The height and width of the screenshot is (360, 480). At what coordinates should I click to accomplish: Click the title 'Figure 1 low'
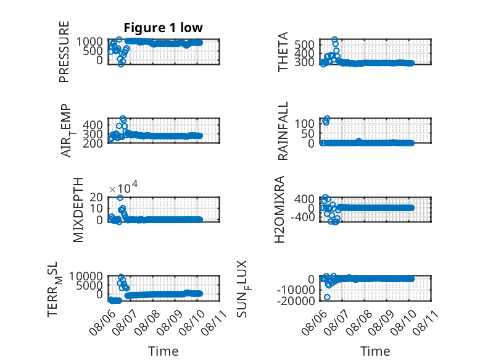163,28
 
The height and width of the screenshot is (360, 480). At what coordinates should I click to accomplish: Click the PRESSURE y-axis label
64,52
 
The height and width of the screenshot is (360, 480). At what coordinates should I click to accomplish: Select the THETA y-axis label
283,52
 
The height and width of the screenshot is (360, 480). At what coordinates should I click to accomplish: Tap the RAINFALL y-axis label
283,131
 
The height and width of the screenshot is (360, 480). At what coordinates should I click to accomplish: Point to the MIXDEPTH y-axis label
78,210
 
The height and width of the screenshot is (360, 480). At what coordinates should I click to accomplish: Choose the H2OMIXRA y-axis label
279,209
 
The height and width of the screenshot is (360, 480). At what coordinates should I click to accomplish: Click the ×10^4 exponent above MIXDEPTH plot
123,188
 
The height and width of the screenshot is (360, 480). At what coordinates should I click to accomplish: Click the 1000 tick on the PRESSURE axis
89,41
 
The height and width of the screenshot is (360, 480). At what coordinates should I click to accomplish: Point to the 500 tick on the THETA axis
305,44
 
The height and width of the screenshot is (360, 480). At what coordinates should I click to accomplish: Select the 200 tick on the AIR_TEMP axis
93,143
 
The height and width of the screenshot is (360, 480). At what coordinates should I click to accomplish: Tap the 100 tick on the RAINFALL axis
305,123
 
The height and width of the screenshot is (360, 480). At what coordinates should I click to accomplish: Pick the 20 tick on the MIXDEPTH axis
96,197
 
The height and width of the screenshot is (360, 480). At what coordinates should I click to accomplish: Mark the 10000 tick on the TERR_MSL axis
86,277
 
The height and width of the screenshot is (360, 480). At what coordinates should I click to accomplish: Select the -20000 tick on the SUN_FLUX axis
296,301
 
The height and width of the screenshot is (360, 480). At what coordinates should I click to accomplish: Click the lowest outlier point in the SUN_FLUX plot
327,297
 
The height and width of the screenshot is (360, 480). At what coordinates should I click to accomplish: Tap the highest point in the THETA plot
334,40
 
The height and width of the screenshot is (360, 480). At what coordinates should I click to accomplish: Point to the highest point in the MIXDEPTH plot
120,198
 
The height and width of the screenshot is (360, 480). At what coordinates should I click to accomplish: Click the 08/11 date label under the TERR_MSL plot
216,322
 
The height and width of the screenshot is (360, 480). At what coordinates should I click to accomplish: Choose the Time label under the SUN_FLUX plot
375,351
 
